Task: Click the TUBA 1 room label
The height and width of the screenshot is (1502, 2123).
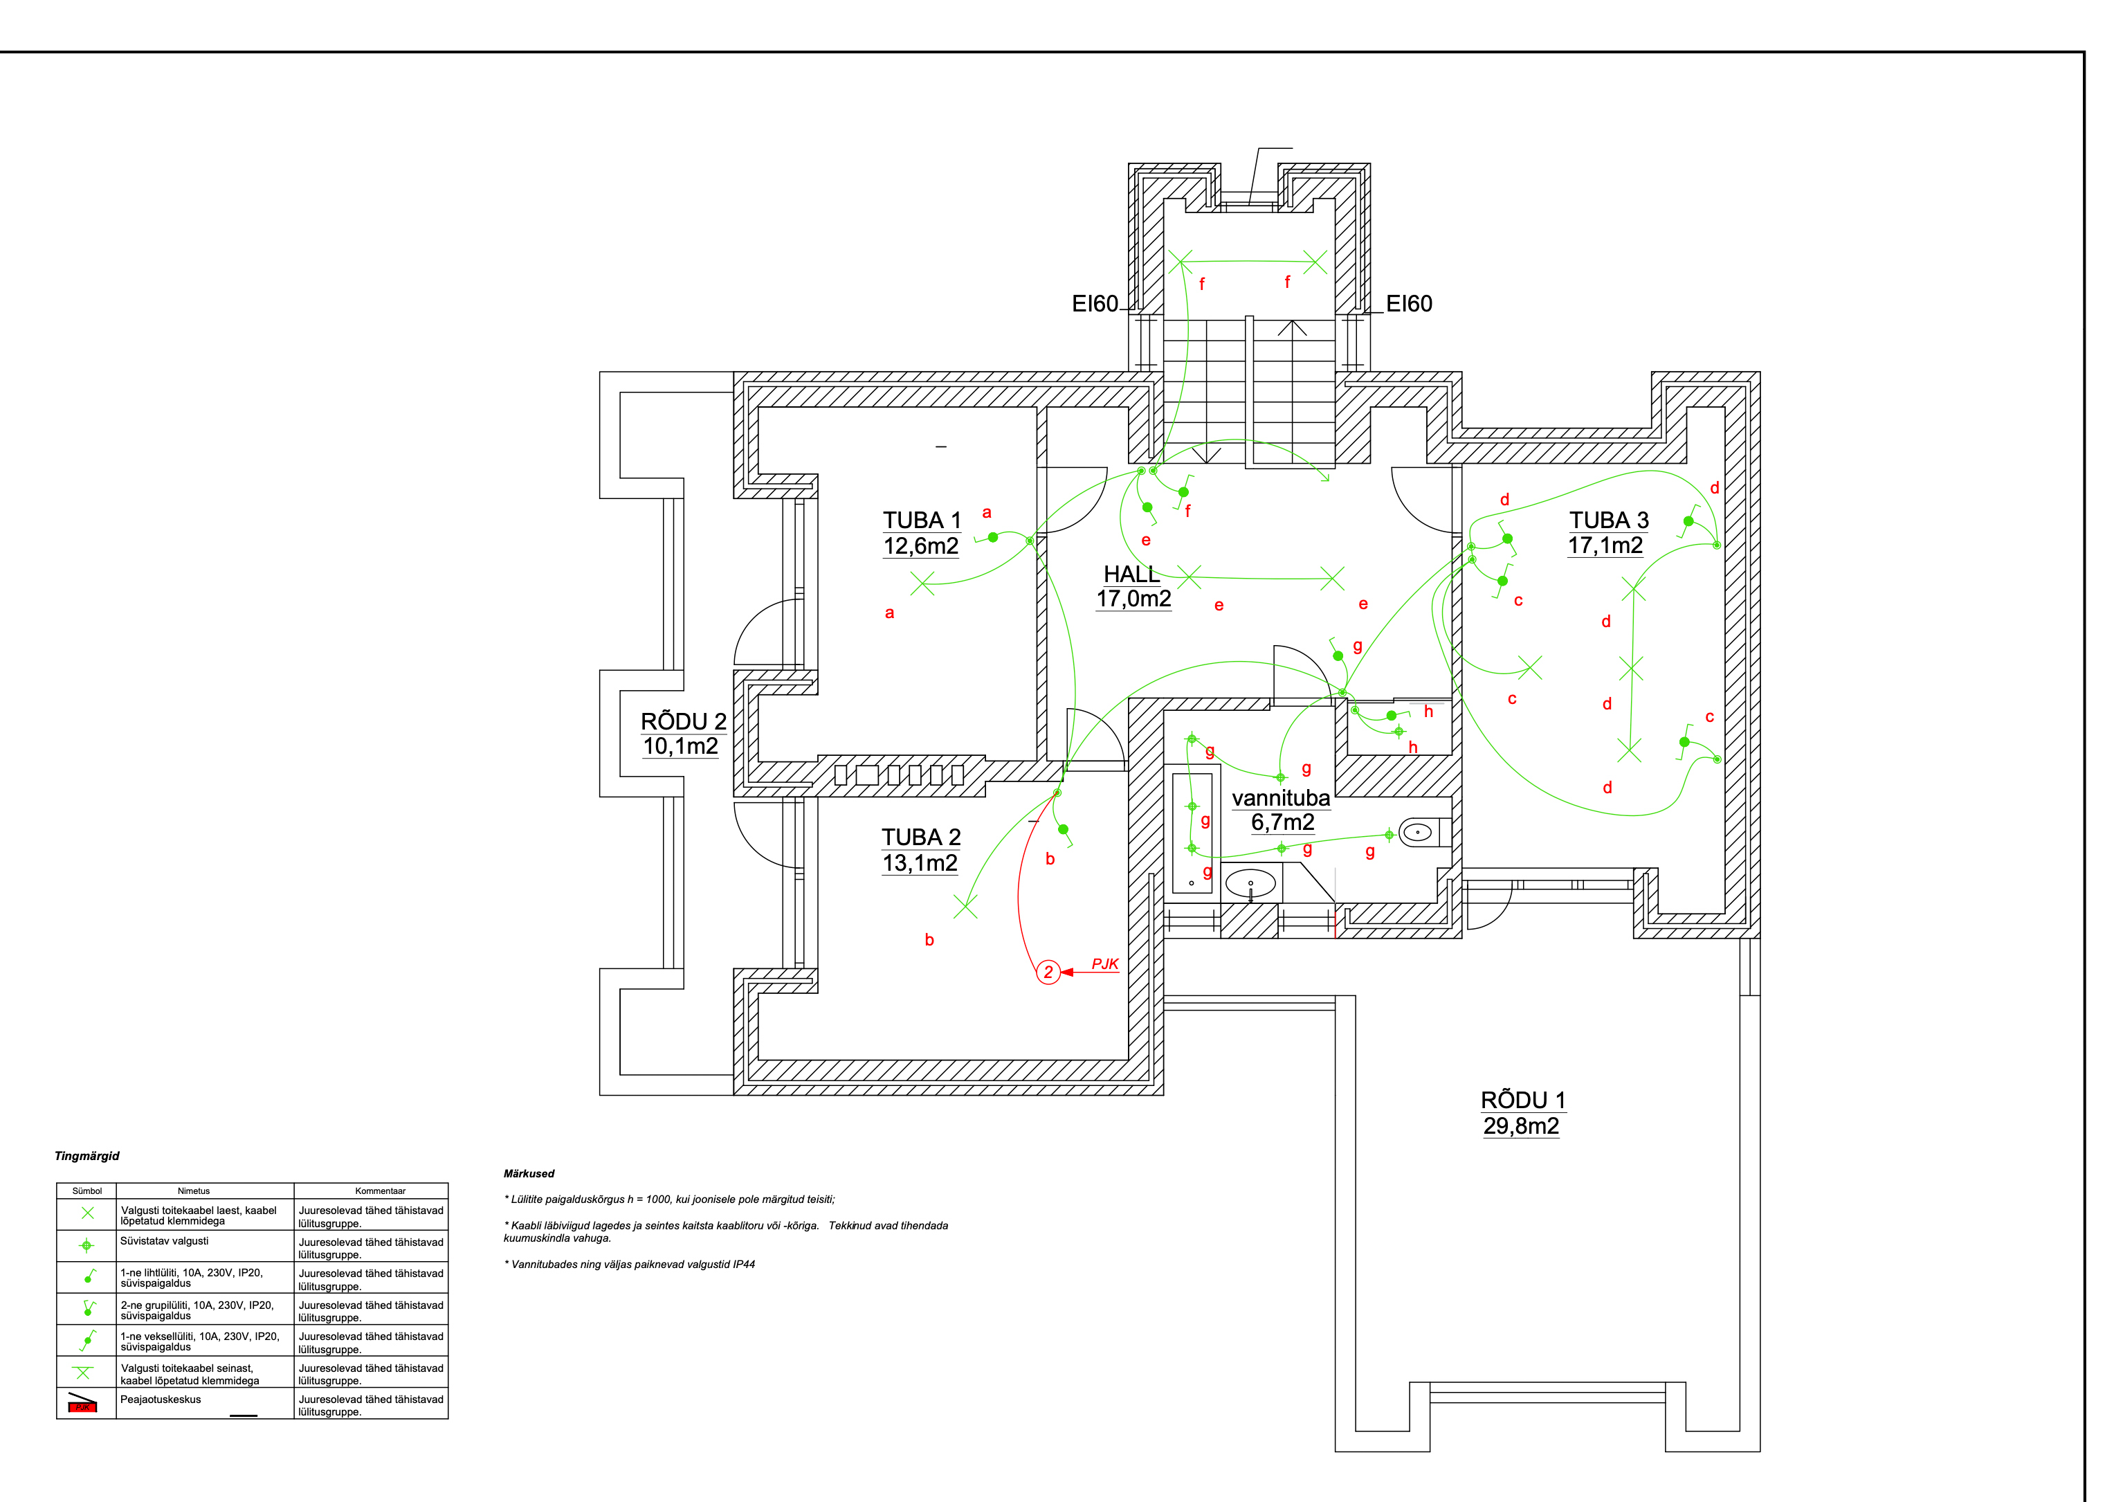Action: tap(921, 521)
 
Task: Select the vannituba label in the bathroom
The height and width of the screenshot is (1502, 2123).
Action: tap(1281, 798)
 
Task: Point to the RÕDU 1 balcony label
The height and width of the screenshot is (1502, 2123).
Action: tap(1522, 1101)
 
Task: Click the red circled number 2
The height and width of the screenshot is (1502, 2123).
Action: tap(1048, 972)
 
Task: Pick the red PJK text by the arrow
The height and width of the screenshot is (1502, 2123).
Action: tap(1105, 963)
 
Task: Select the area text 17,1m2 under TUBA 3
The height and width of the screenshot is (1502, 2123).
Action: tap(1605, 545)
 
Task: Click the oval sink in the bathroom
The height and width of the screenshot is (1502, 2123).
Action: tap(1250, 884)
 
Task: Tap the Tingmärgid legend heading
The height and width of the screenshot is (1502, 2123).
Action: tap(87, 1156)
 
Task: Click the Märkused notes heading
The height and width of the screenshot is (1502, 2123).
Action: tap(529, 1174)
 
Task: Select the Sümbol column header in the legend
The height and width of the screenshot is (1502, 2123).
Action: tap(87, 1191)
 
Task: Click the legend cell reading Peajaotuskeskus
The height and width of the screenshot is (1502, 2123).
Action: tap(161, 1400)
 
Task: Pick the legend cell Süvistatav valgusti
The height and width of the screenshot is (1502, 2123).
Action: tap(165, 1241)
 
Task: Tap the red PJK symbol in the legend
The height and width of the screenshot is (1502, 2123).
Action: tap(82, 1406)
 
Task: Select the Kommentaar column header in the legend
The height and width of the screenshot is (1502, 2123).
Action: tap(380, 1191)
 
